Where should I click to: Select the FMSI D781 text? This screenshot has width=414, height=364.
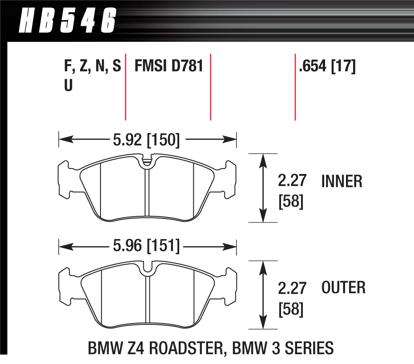tap(169, 67)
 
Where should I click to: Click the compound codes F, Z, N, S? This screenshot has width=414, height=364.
tap(92, 67)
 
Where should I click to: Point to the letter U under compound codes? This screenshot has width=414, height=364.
tap(68, 85)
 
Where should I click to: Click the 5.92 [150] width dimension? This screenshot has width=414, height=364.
tap(147, 140)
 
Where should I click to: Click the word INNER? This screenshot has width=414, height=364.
tap(342, 182)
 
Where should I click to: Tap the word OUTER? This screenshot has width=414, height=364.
tap(343, 287)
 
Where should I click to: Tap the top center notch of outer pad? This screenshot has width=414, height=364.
tap(147, 267)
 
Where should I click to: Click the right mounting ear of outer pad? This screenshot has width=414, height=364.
tap(229, 287)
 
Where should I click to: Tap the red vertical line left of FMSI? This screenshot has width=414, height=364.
tap(126, 87)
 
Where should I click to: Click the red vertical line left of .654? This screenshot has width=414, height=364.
tap(295, 87)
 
